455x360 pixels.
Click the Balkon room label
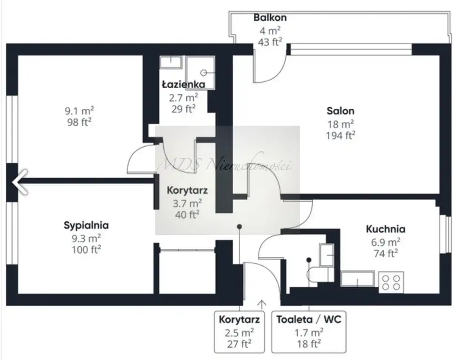(270, 18)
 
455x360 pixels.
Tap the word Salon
(341, 111)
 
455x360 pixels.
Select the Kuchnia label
(386, 229)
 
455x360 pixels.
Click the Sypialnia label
(86, 225)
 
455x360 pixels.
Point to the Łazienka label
(183, 84)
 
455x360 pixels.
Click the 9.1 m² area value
(79, 111)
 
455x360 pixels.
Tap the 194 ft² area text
(341, 135)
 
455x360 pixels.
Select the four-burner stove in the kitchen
(391, 282)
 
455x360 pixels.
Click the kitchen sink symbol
(358, 279)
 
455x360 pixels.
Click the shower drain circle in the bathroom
(204, 73)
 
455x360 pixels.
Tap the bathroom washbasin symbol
(171, 62)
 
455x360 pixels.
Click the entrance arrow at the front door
(262, 305)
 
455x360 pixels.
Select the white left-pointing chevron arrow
(20, 182)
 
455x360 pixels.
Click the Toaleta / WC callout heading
(309, 319)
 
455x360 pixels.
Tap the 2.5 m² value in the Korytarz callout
(239, 332)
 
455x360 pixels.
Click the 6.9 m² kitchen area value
(386, 242)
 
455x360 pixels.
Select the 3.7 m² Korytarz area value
(187, 203)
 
